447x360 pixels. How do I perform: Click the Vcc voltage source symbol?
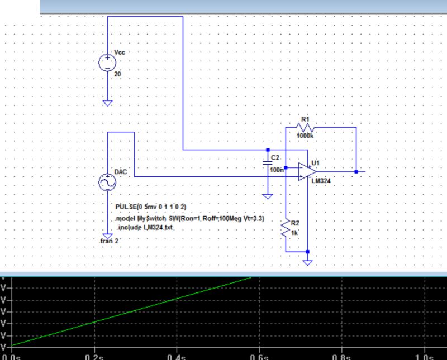107,63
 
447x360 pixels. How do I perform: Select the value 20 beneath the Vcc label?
117,73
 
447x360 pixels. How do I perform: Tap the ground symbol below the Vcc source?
107,103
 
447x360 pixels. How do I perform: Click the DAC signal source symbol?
107,183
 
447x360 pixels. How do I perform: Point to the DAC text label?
120,172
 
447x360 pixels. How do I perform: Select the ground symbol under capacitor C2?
268,196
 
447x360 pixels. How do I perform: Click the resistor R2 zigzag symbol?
286,228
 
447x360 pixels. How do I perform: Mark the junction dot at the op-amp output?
356,172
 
